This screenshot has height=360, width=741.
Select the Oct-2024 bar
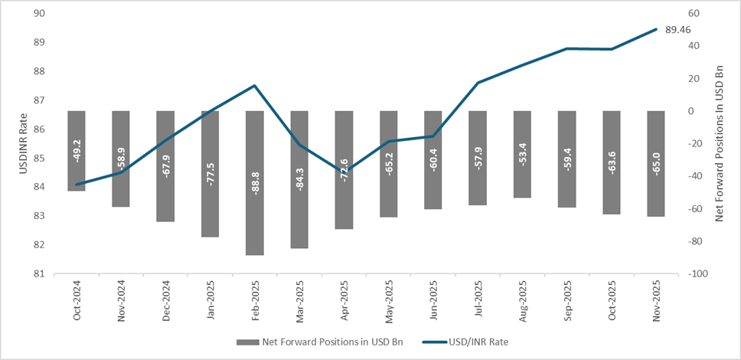pos(77,150)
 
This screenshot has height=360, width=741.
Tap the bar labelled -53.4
pos(522,154)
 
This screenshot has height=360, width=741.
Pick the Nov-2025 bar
pos(655,163)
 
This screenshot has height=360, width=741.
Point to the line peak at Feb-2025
pos(254,85)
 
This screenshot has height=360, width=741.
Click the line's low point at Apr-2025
pos(344,170)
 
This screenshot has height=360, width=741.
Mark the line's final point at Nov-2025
pos(656,29)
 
